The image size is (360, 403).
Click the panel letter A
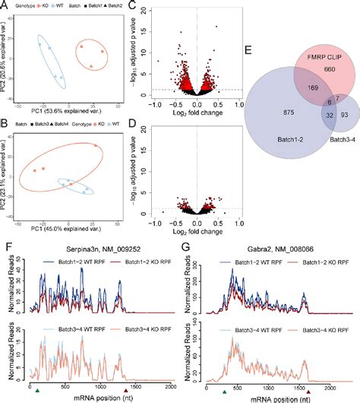[x=5, y=5]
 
